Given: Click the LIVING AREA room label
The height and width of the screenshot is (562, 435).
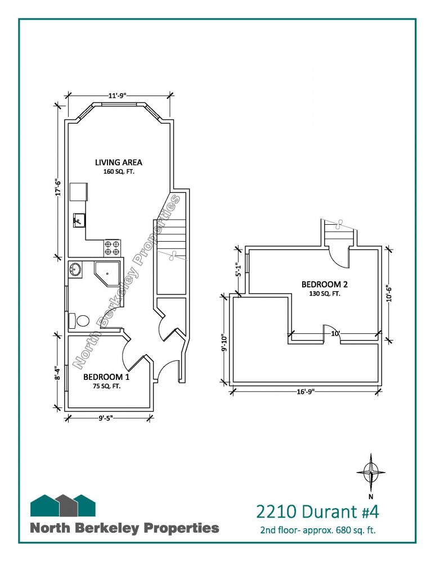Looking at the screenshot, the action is (118, 162).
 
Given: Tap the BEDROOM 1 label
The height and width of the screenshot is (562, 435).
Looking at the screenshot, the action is (106, 377).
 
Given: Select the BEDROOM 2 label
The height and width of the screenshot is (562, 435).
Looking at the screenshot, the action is (325, 284).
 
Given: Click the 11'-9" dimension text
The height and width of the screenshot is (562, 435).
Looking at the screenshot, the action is (118, 96).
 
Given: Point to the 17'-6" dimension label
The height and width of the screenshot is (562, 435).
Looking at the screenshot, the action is (58, 188).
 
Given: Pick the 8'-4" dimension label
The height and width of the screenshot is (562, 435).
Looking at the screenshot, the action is (56, 373).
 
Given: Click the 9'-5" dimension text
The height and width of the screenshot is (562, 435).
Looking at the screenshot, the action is (106, 418).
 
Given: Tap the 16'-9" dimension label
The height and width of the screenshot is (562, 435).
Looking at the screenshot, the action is (306, 391).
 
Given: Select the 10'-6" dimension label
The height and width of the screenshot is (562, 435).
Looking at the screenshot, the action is (389, 293).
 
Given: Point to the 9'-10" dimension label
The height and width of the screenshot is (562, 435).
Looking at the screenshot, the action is (225, 343).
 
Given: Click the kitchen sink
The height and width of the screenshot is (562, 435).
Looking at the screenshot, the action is (79, 220).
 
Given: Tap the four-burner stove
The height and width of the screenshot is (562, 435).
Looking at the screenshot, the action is (112, 248).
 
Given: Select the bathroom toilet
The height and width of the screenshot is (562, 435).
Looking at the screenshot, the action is (79, 320).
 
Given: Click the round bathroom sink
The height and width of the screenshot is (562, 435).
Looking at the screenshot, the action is (75, 269).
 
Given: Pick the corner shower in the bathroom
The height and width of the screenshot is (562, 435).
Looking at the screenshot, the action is (106, 274).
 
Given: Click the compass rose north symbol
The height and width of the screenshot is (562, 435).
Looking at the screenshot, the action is (371, 473).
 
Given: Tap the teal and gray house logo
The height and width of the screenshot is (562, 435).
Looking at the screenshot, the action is (63, 505).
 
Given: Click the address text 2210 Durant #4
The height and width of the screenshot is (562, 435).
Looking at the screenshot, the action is (317, 511).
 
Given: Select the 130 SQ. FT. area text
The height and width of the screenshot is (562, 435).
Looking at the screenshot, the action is (325, 294).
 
